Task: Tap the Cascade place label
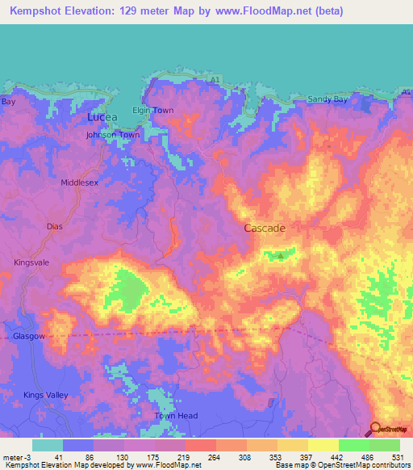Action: pyautogui.click(x=265, y=229)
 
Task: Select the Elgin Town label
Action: pyautogui.click(x=152, y=110)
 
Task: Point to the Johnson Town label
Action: pyautogui.click(x=113, y=135)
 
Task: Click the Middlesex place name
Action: pyautogui.click(x=79, y=183)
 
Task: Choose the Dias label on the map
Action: pyautogui.click(x=55, y=227)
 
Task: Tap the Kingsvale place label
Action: pyautogui.click(x=32, y=262)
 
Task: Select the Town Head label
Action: pyautogui.click(x=176, y=415)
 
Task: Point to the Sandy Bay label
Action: pyautogui.click(x=328, y=99)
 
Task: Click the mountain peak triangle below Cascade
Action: pyautogui.click(x=281, y=256)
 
